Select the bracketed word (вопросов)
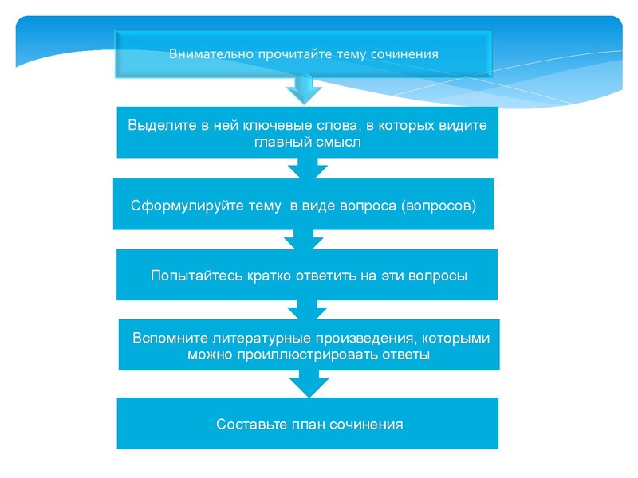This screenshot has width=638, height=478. pos(439,206)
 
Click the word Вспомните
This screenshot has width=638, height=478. pos(169,338)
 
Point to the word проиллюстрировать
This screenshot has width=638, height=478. pos(304,355)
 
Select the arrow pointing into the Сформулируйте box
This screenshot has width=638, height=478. pos(307,168)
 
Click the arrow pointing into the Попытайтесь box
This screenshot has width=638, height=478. pos(307,239)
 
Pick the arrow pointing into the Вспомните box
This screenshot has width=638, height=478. pos(307,309)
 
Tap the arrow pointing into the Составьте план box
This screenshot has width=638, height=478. pos(307,384)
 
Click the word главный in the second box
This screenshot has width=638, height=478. pos(282,143)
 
